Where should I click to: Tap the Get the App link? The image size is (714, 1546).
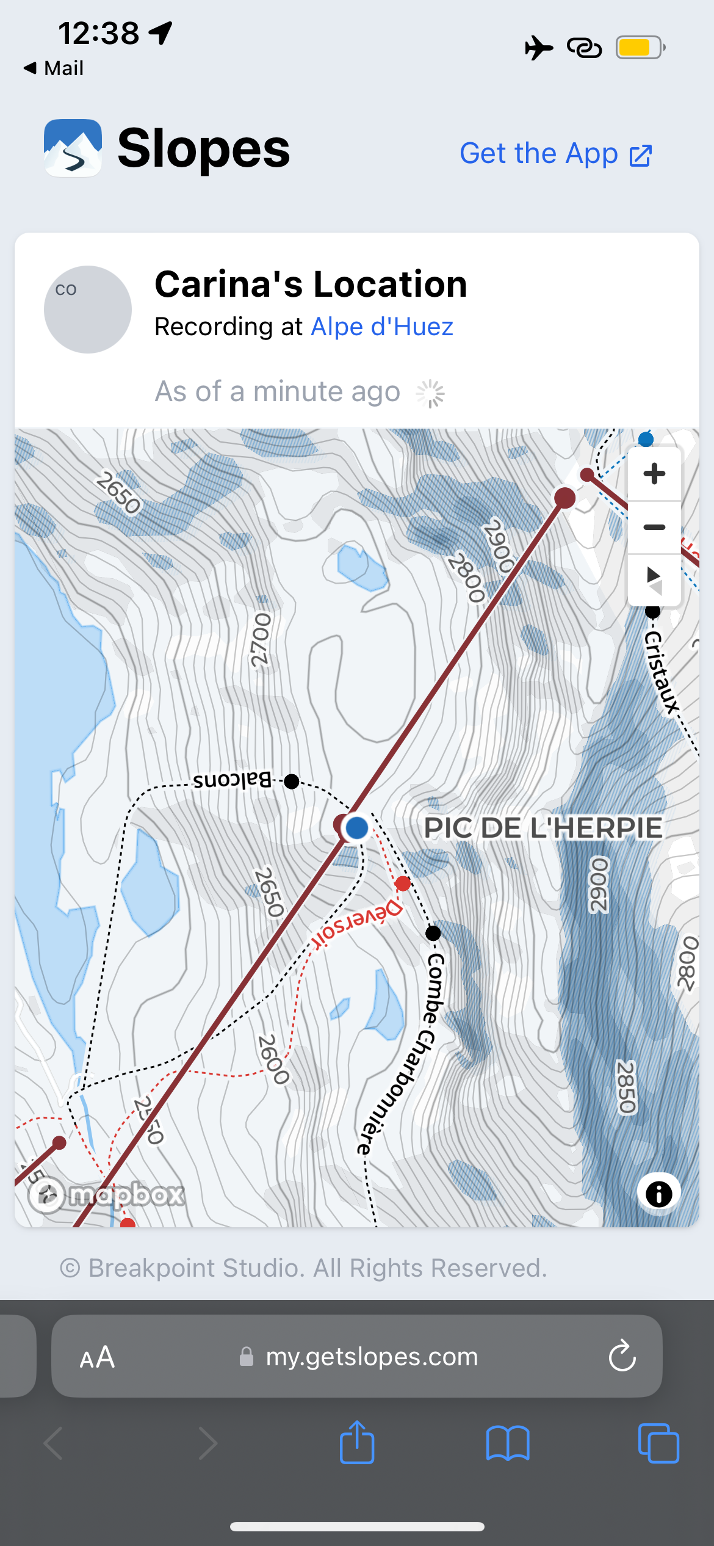(555, 154)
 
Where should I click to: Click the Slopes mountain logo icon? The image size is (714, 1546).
(73, 148)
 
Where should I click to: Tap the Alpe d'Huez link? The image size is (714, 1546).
(382, 327)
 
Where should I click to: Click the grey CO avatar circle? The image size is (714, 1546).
(88, 310)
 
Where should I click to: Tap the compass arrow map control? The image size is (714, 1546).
(654, 579)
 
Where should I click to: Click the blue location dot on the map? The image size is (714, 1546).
(356, 828)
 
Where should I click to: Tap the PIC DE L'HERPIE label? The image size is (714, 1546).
(543, 828)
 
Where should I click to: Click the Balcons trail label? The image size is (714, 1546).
(232, 780)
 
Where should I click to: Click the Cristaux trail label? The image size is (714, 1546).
(662, 672)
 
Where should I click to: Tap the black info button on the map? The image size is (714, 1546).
(658, 1194)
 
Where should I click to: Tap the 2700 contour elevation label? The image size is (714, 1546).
(261, 640)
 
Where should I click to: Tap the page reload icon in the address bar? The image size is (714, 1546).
(622, 1356)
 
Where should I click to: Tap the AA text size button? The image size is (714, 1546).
(97, 1357)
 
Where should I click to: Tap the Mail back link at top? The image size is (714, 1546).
(54, 68)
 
